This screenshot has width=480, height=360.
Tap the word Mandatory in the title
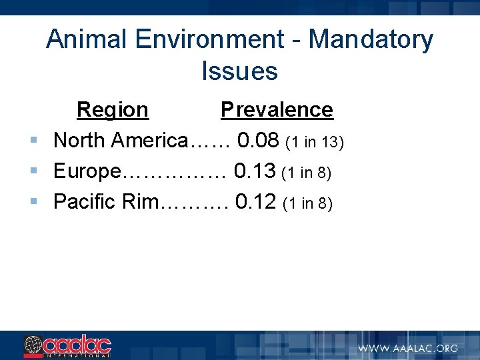[371, 40]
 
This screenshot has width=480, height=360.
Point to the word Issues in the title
[239, 71]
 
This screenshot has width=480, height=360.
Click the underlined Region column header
[113, 109]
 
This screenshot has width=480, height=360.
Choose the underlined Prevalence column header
[277, 109]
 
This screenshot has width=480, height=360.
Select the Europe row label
[87, 171]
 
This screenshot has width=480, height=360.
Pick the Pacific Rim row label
[105, 201]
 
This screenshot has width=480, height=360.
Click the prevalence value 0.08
[258, 141]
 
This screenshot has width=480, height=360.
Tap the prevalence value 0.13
[255, 171]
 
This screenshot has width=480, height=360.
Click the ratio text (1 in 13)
[314, 142]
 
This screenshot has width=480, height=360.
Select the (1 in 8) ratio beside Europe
[307, 173]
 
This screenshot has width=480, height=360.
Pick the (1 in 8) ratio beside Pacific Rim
[307, 203]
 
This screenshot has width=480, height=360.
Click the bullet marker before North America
[33, 141]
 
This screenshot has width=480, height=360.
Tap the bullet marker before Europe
[33, 171]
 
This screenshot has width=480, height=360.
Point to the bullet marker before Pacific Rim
[33, 201]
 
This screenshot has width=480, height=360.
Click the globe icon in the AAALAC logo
[33, 346]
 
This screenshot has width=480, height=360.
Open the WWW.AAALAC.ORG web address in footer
[408, 348]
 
